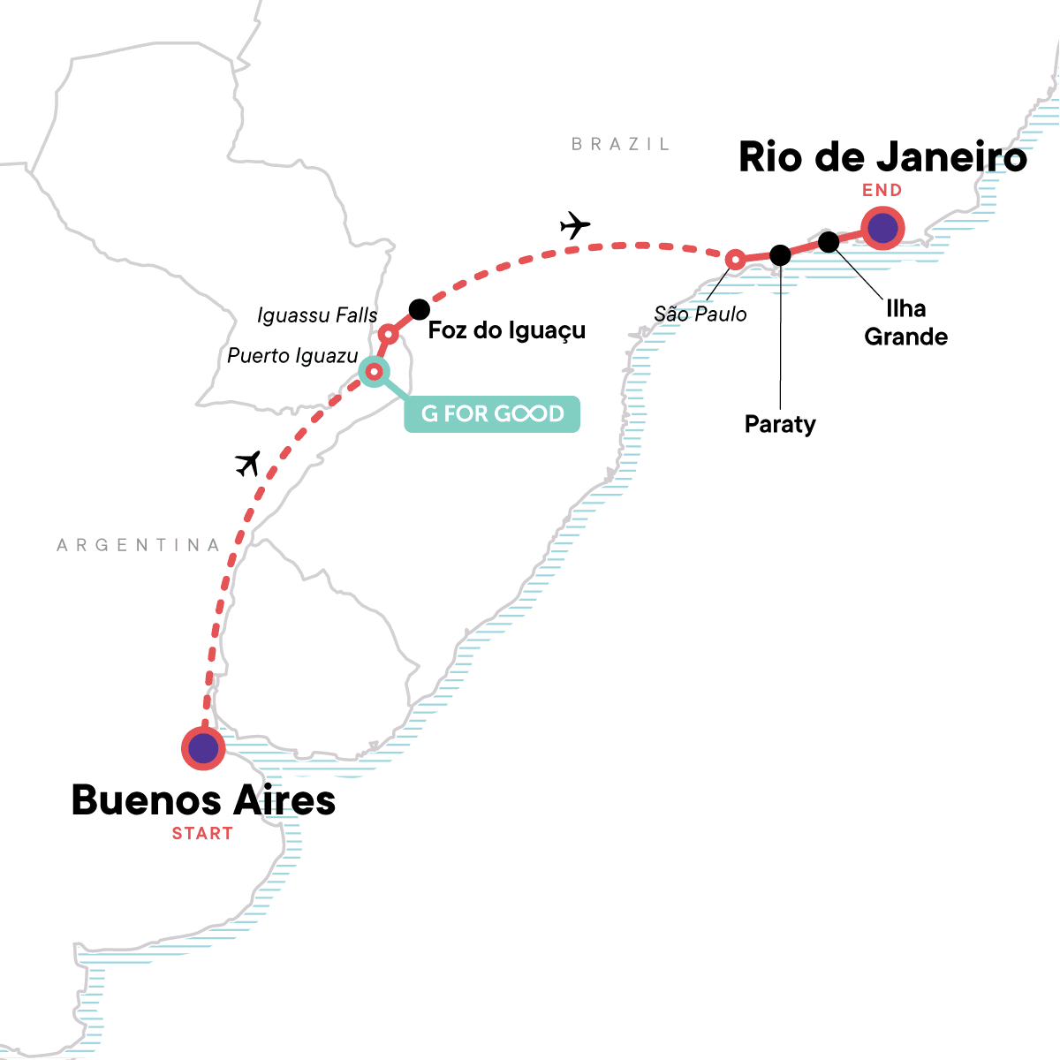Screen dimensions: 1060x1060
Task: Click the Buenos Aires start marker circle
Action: (x=203, y=748)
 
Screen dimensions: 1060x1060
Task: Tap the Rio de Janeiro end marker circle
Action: (x=882, y=229)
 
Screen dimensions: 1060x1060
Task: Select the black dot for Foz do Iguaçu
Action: (x=420, y=309)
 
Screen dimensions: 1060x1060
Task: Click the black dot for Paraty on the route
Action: (x=780, y=255)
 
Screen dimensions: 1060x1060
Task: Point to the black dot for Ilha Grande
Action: (x=829, y=241)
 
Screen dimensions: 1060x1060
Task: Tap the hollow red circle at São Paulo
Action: (x=735, y=259)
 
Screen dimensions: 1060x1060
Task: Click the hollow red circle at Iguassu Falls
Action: (x=388, y=335)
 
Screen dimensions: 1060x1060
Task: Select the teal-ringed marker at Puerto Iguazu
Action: (x=374, y=371)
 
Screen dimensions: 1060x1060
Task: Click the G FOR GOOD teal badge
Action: (x=492, y=413)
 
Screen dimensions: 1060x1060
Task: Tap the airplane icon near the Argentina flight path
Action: (x=249, y=463)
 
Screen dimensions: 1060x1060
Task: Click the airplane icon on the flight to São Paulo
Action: (x=575, y=225)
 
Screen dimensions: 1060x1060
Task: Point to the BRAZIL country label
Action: (x=620, y=144)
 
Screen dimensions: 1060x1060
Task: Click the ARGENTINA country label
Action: (x=139, y=545)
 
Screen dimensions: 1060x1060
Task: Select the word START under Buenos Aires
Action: (x=202, y=833)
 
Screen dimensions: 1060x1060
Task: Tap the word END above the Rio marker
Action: (x=882, y=190)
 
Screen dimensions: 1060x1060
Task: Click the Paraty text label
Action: (x=780, y=424)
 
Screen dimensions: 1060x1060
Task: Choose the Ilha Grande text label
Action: (x=905, y=322)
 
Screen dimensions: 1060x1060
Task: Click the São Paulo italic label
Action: (x=700, y=314)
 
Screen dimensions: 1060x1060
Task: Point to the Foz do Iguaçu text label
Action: (x=506, y=330)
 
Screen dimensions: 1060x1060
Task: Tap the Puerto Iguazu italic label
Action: (x=292, y=356)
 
